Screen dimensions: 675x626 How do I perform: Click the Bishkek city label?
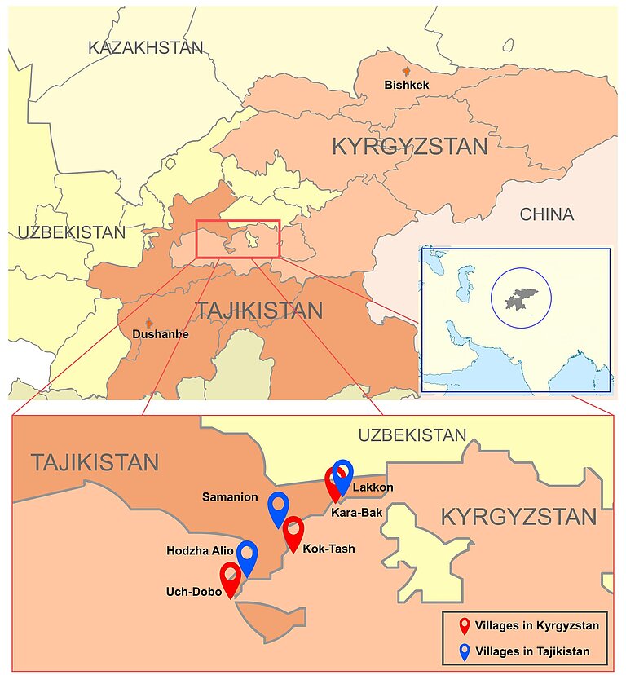pyautogui.click(x=406, y=85)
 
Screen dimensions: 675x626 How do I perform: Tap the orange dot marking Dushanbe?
pyautogui.click(x=148, y=324)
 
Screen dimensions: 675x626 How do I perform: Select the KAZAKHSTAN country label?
pyautogui.click(x=145, y=48)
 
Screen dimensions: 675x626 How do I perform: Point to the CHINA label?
pyautogui.click(x=546, y=214)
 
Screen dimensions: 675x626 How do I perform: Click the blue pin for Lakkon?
pyautogui.click(x=343, y=475)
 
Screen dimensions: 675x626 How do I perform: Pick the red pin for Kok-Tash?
pyautogui.click(x=293, y=532)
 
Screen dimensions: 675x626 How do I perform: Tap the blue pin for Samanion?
pyautogui.click(x=279, y=508)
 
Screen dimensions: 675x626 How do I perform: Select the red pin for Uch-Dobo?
pyautogui.click(x=231, y=578)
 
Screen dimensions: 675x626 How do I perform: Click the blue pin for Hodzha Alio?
pyautogui.click(x=247, y=556)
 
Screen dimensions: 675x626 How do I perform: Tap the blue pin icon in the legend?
pyautogui.click(x=464, y=651)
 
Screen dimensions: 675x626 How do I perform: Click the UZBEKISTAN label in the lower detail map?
pyautogui.click(x=412, y=435)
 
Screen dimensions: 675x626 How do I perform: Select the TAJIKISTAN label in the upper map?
pyautogui.click(x=258, y=311)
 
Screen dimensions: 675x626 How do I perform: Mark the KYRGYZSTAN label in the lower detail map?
pyautogui.click(x=518, y=517)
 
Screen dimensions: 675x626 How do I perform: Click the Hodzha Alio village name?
pyautogui.click(x=200, y=551)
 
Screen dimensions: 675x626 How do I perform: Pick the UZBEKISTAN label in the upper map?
pyautogui.click(x=72, y=233)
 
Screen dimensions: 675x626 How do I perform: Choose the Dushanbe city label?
pyautogui.click(x=160, y=335)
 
